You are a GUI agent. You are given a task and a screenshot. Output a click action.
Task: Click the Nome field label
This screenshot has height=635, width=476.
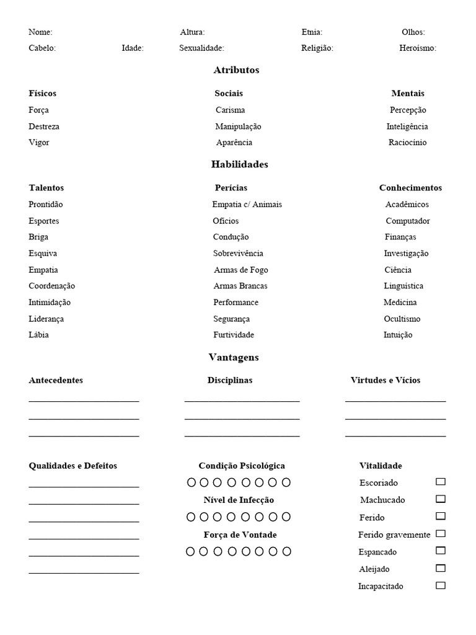pos(40,32)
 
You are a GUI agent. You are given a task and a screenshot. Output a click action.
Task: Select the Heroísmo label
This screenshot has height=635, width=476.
pos(418,48)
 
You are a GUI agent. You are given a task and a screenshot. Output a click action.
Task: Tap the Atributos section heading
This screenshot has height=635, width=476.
pos(236,70)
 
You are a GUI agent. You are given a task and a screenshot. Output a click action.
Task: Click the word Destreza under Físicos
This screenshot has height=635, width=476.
pos(44,127)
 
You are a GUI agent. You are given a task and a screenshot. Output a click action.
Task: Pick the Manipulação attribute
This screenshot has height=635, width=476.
pos(238,127)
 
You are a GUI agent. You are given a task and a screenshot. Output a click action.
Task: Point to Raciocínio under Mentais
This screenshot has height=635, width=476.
pos(407,143)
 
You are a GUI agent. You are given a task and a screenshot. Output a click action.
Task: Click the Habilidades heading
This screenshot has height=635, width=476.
pos(239,164)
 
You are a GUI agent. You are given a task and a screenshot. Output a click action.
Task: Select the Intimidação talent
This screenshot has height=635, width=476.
pos(50,303)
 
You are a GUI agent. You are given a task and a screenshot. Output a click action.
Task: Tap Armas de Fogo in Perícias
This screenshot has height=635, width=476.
pos(240,270)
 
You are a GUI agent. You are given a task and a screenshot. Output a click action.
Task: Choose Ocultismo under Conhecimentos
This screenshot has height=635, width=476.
pos(402,319)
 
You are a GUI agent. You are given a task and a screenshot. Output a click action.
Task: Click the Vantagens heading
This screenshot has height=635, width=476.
pos(234,357)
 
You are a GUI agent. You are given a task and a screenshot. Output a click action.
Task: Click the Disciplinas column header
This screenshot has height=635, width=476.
pos(230,380)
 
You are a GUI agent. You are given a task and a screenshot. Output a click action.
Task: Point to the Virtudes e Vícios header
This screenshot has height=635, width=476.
pos(385,380)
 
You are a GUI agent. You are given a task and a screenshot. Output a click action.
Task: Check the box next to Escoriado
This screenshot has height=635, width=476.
pos(441,482)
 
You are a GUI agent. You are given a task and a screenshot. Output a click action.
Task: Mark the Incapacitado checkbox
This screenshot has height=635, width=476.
pos(441,585)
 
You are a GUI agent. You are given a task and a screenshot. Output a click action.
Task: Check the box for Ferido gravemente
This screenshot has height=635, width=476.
pos(441,533)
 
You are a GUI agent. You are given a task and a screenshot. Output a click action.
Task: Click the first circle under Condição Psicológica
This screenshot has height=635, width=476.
pos(192,482)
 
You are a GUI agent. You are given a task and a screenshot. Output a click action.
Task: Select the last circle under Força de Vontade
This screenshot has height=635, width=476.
pos(286,551)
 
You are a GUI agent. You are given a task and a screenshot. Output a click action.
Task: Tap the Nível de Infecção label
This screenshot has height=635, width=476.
pos(239,500)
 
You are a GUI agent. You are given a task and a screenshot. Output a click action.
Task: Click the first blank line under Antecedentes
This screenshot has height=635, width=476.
pos(84,400)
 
